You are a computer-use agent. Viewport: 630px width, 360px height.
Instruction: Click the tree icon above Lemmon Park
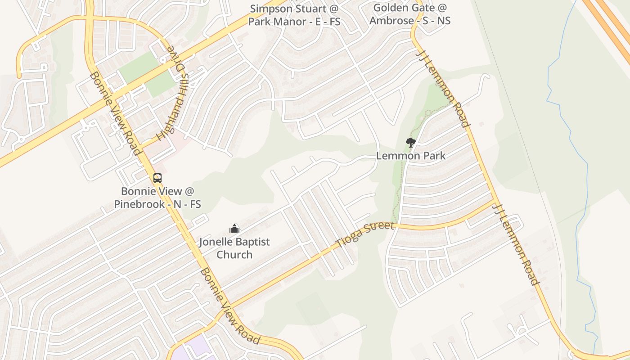tap(410, 143)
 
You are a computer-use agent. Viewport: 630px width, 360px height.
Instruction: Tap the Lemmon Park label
tap(411, 156)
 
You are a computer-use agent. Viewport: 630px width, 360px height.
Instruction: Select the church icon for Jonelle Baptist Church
tap(234, 229)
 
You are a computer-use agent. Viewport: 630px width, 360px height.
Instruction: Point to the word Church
tap(234, 255)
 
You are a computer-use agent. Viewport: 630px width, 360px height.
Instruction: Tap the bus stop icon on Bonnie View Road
tap(157, 178)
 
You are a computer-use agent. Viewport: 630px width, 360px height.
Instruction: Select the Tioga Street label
tap(364, 234)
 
